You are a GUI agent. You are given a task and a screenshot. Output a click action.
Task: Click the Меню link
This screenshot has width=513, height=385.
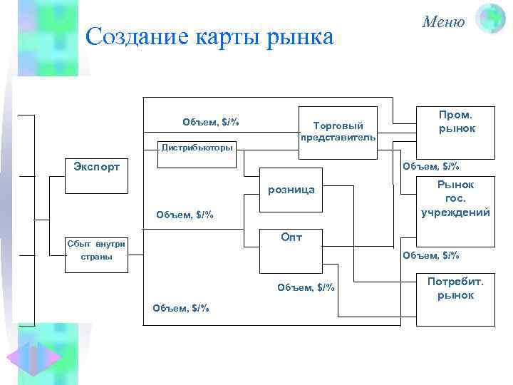click(443, 22)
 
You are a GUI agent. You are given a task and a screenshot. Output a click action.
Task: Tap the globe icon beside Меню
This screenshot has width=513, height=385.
click(489, 19)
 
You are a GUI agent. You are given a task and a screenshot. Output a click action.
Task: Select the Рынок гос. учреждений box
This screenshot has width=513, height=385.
click(455, 199)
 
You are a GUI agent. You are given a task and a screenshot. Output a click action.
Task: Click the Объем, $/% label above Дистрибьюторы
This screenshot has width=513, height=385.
click(210, 122)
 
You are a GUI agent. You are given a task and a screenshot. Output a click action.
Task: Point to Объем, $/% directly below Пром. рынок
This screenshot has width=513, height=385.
click(430, 167)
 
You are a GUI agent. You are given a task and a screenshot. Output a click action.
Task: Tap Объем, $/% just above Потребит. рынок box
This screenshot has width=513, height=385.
click(430, 255)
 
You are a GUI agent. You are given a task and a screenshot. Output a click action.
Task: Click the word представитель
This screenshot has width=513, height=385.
click(338, 137)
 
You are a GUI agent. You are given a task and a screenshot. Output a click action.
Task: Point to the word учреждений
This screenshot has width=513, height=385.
click(455, 212)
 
